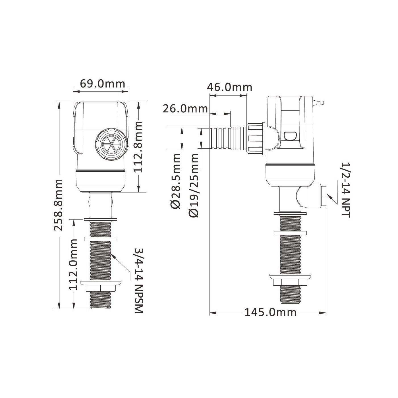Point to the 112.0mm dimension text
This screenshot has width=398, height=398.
[x=73, y=264]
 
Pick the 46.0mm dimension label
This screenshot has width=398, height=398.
[x=229, y=87]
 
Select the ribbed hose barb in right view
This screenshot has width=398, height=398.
[x=227, y=138]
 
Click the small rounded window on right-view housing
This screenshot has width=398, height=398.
[x=290, y=136]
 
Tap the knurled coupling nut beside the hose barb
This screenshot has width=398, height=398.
[x=256, y=138]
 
